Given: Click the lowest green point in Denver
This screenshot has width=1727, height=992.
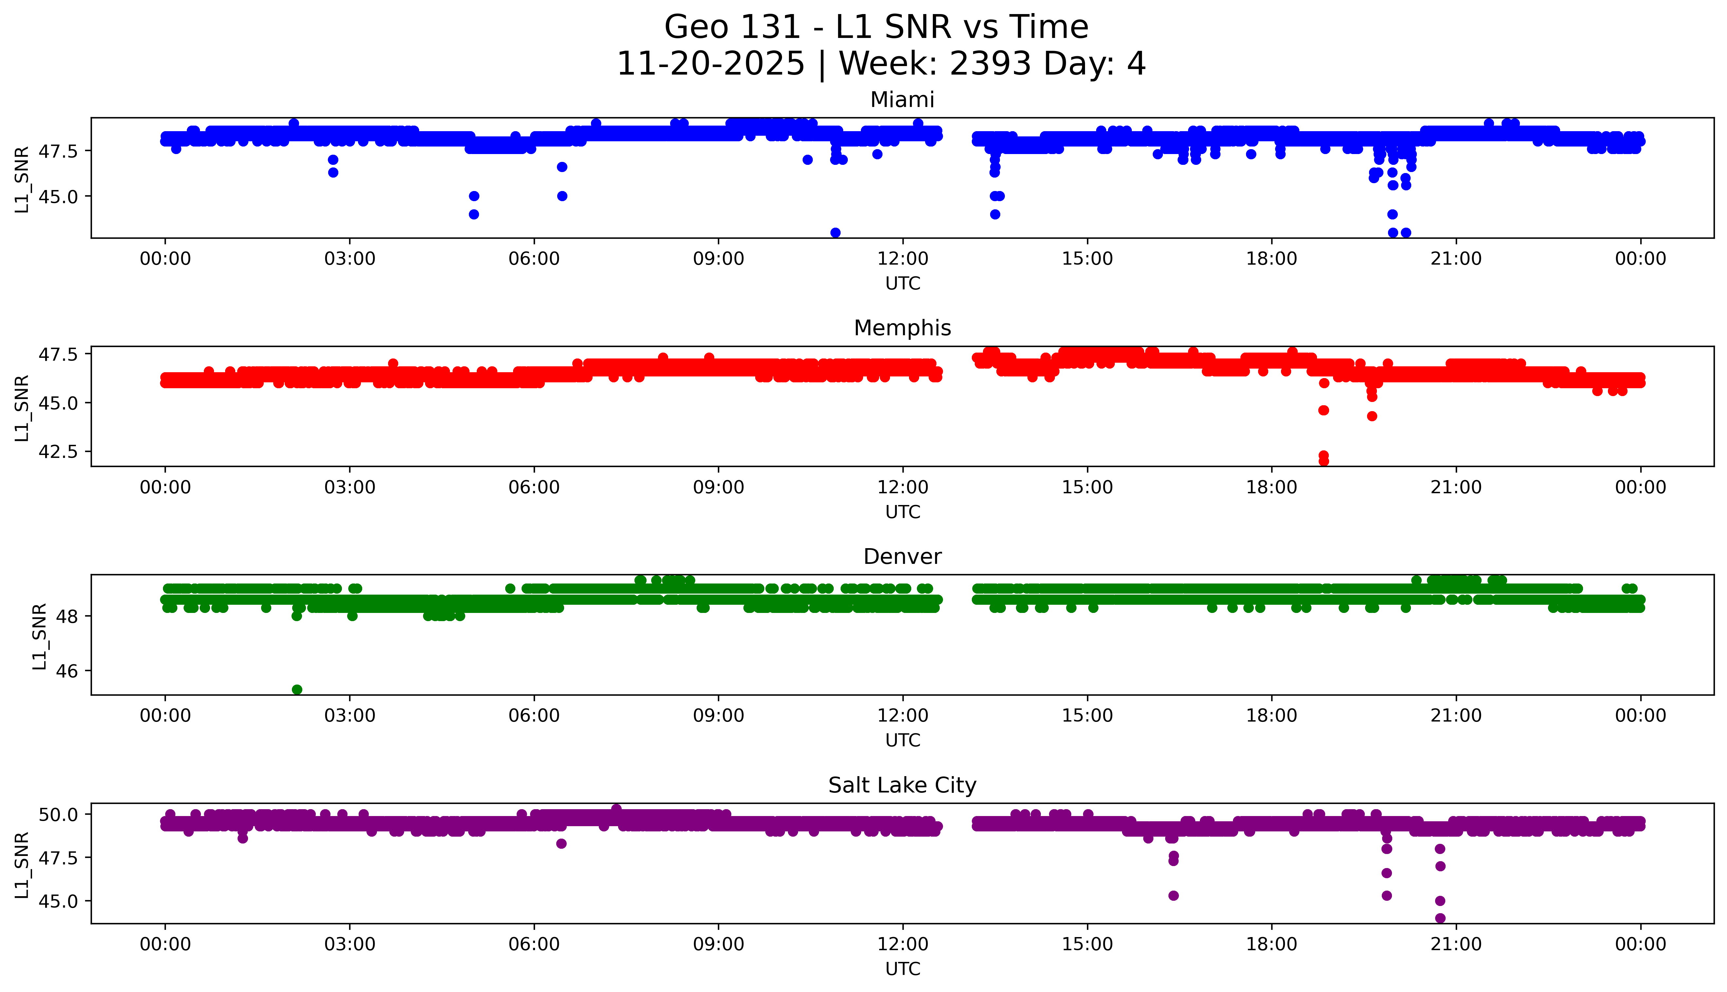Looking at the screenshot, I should pos(297,689).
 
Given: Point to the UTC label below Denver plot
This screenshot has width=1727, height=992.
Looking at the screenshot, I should pos(902,740).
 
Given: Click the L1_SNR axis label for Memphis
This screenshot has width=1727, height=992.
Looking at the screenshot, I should pos(22,408).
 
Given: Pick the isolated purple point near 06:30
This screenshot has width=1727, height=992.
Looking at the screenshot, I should pos(561,844).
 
